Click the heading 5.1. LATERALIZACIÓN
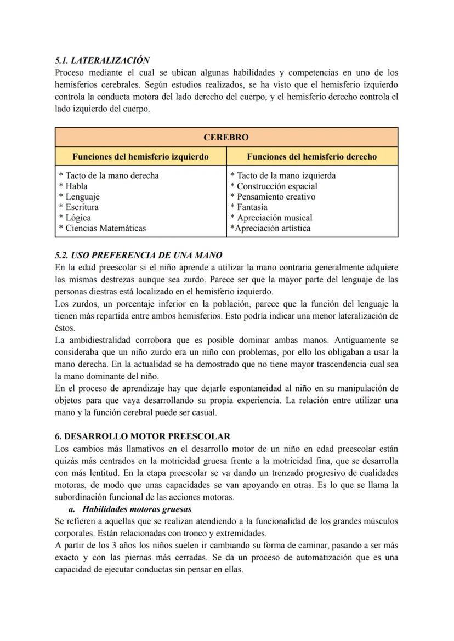click(x=103, y=60)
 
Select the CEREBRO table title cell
click(x=226, y=137)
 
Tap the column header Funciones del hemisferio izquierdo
click(x=140, y=157)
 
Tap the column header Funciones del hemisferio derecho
click(x=311, y=157)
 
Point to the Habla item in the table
click(x=76, y=186)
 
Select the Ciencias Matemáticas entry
click(x=105, y=228)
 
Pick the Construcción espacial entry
click(x=276, y=186)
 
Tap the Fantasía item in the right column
click(x=252, y=207)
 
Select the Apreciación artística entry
click(x=272, y=228)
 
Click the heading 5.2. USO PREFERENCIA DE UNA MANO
click(x=139, y=256)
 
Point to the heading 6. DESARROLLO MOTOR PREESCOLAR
click(x=143, y=436)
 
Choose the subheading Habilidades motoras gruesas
click(x=137, y=509)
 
